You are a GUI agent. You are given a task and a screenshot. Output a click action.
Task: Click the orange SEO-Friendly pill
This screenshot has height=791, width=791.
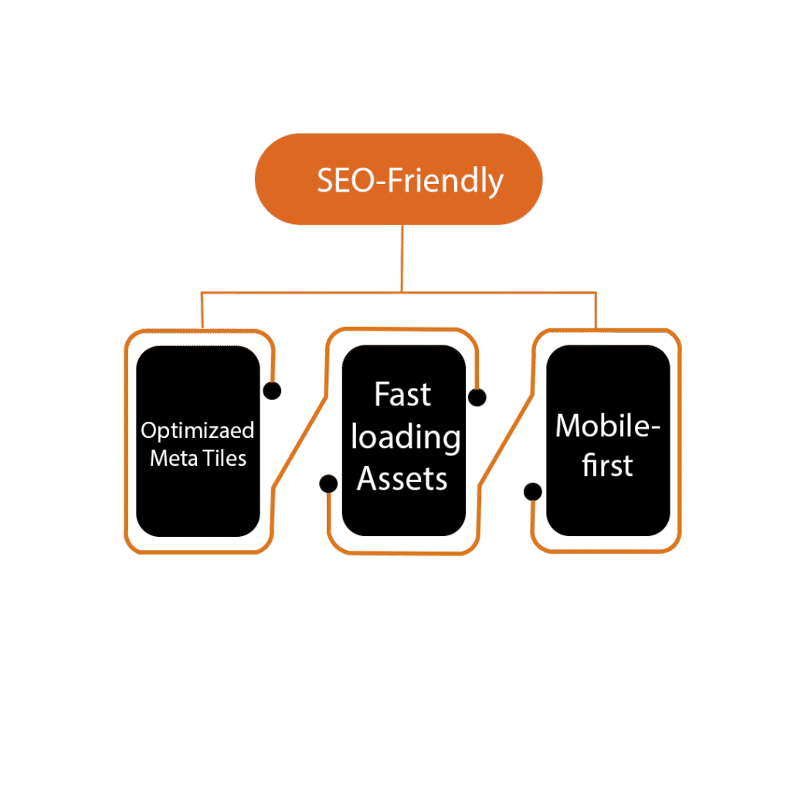tap(398, 179)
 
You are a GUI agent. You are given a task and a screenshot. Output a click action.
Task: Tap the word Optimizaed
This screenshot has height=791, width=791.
tap(197, 431)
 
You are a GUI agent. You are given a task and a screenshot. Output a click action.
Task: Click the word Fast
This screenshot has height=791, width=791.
tap(402, 395)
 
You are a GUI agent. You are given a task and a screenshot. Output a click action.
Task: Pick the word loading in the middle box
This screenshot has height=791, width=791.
tap(405, 438)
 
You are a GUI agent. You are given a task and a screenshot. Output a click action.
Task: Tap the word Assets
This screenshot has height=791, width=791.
tap(402, 479)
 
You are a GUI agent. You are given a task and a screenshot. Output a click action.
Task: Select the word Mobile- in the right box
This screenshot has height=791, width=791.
tap(608, 426)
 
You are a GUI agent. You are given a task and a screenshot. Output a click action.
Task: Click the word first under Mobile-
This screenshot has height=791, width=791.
tap(607, 466)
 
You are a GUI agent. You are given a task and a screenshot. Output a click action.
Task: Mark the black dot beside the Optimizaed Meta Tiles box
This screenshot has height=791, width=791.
tap(272, 391)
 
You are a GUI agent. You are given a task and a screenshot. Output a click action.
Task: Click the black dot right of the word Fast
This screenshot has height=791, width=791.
tap(477, 398)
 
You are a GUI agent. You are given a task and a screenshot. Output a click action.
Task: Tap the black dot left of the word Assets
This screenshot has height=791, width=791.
tap(328, 484)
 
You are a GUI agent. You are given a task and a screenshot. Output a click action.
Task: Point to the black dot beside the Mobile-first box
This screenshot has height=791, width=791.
tap(532, 491)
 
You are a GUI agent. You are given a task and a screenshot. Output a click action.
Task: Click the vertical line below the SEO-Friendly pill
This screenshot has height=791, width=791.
tap(402, 259)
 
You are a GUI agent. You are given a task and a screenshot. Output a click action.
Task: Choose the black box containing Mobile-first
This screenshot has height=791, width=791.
tap(608, 510)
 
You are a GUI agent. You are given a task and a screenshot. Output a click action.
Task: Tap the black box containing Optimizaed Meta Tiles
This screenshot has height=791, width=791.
tap(197, 502)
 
